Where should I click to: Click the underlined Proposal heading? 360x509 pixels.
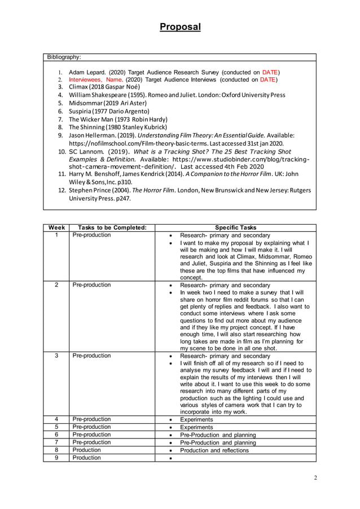click(x=179, y=27)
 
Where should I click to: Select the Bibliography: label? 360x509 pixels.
click(x=64, y=57)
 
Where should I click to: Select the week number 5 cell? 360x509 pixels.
click(x=56, y=427)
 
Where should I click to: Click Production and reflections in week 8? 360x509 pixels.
click(x=214, y=450)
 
